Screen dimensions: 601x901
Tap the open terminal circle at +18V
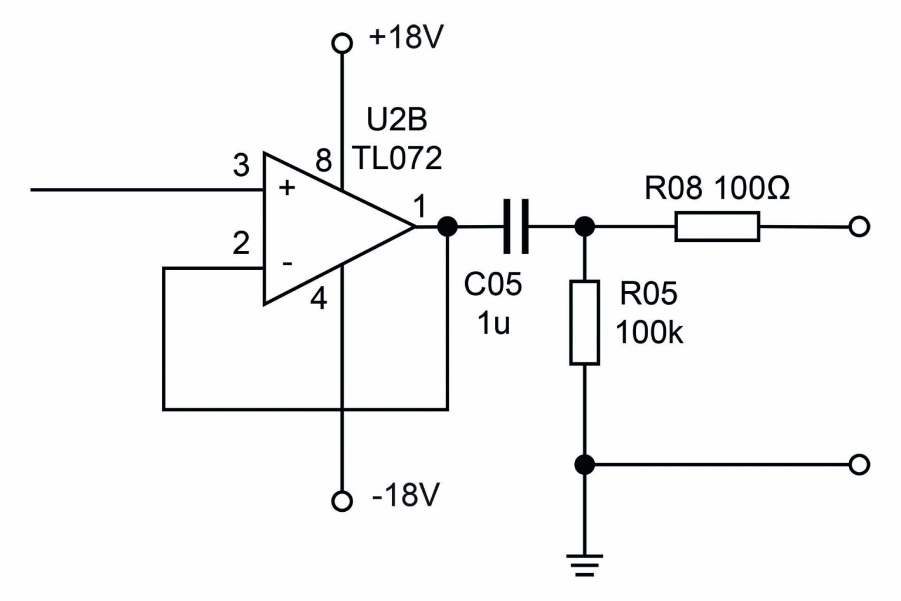click(x=342, y=43)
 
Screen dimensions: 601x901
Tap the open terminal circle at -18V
click(x=342, y=500)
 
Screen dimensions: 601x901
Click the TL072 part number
click(x=397, y=158)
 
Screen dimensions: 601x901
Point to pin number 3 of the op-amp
click(x=241, y=166)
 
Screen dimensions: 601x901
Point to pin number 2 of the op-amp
click(x=241, y=244)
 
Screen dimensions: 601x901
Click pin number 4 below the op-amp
click(x=318, y=300)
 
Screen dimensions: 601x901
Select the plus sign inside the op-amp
click(x=286, y=188)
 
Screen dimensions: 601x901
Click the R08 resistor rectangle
click(x=717, y=227)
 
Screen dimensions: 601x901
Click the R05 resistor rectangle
click(x=584, y=323)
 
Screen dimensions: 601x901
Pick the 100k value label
click(x=649, y=333)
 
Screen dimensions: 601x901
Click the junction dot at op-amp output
click(x=448, y=226)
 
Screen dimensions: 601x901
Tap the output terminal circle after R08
click(x=859, y=227)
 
